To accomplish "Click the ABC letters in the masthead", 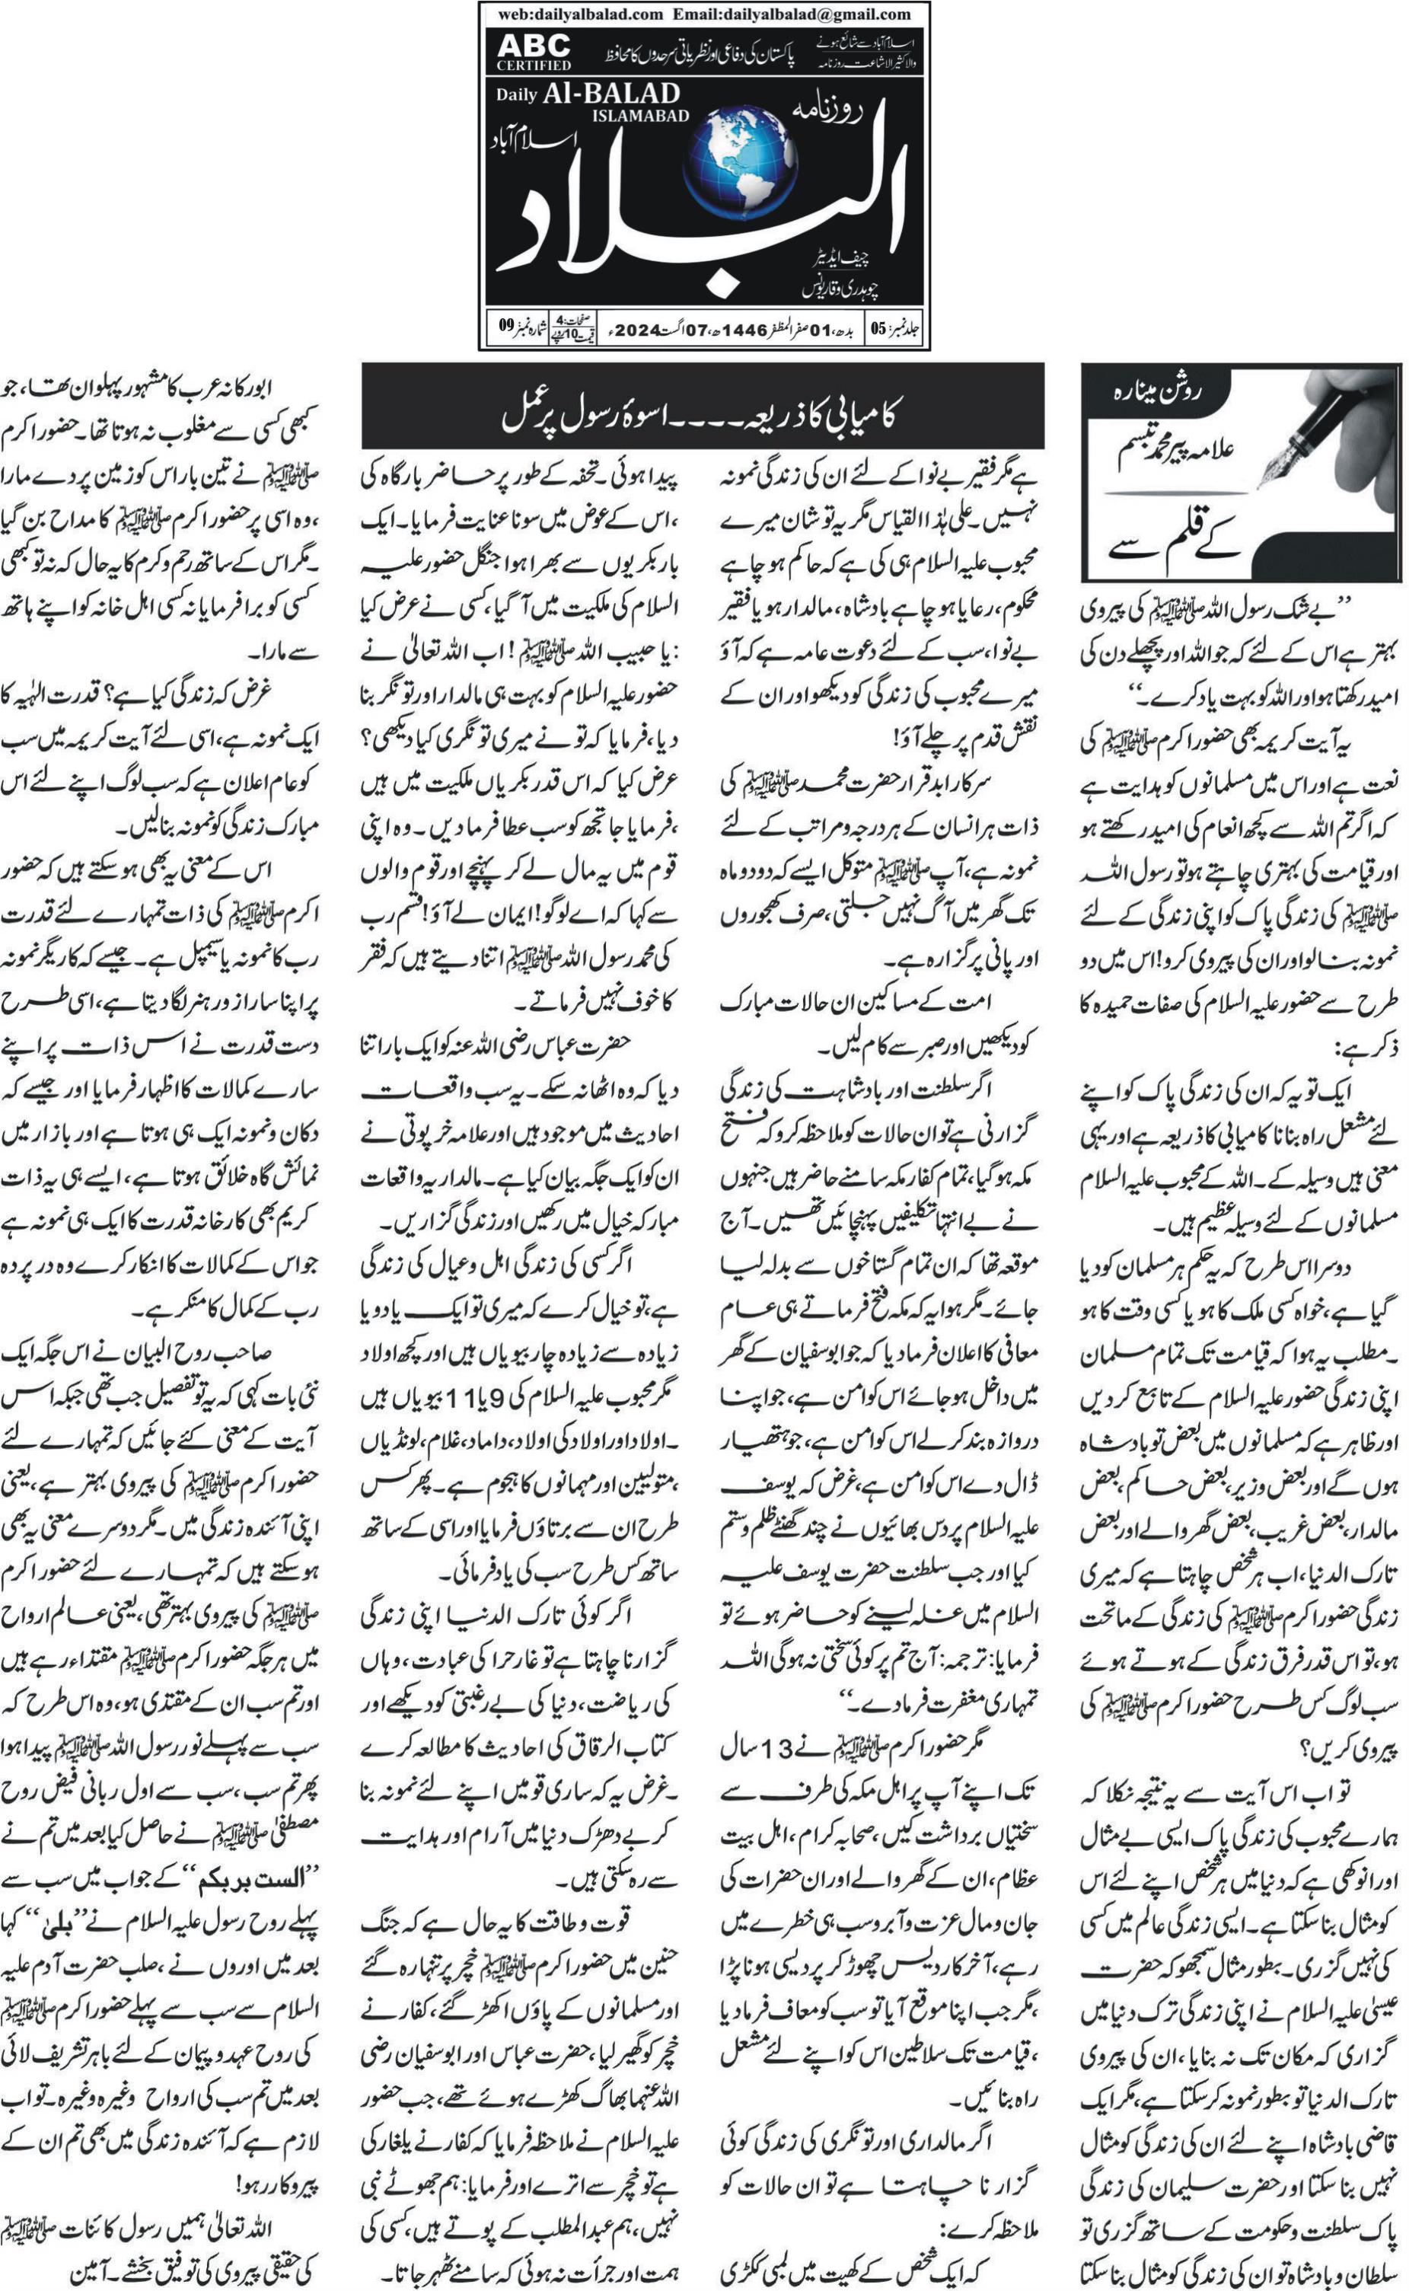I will pyautogui.click(x=533, y=45).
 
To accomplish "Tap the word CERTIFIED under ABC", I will pyautogui.click(x=533, y=65).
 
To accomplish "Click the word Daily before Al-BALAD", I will pyautogui.click(x=516, y=95).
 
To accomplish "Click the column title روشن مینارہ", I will pyautogui.click(x=1157, y=392).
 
